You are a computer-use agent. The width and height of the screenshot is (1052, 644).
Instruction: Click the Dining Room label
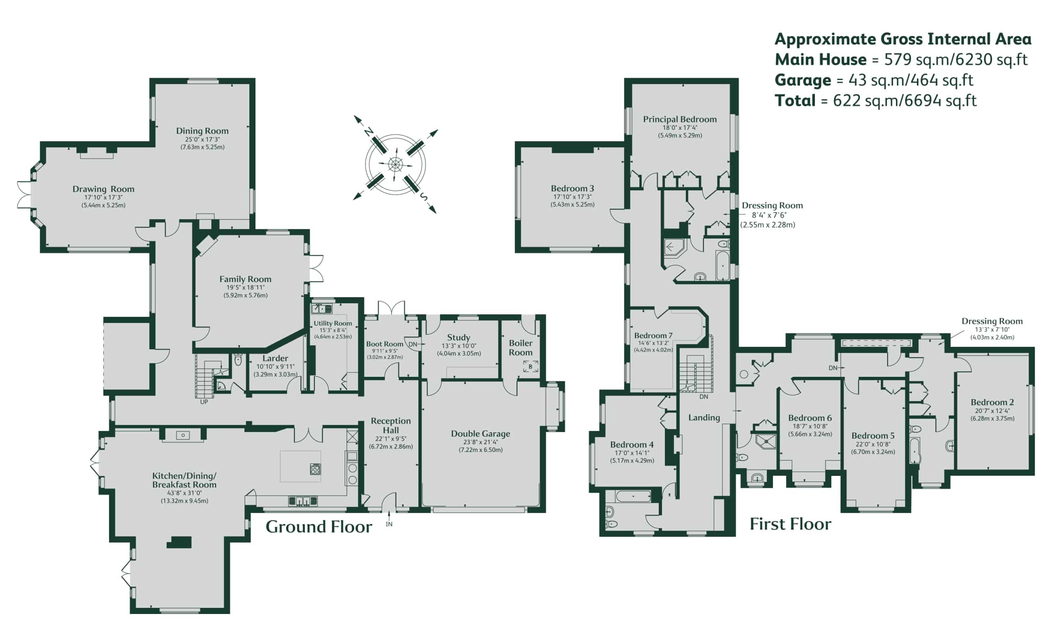tap(202, 131)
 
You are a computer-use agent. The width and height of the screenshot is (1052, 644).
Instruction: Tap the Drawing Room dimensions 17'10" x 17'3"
tap(103, 197)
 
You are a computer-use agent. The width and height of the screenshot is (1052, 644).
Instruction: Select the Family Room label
tap(245, 279)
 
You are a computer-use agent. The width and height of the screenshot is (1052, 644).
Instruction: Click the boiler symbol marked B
tap(531, 367)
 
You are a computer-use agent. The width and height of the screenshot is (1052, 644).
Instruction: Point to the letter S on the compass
tap(424, 196)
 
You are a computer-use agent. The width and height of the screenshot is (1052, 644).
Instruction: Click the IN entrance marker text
tap(389, 524)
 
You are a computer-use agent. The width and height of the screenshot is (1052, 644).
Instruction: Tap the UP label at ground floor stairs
tap(204, 402)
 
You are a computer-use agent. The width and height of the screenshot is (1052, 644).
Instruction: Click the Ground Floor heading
tap(318, 527)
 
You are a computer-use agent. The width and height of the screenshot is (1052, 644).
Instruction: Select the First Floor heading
tap(790, 524)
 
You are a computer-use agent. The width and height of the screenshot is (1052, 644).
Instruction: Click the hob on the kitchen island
tap(316, 469)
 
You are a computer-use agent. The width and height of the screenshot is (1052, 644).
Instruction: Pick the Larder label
tap(275, 358)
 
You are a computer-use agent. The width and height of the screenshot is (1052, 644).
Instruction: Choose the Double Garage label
tap(480, 434)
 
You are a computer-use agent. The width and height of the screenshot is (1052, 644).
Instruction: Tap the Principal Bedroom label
tap(680, 120)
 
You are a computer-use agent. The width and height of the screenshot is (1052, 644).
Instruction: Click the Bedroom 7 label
tap(653, 336)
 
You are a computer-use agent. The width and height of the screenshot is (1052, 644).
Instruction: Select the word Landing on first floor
tap(704, 418)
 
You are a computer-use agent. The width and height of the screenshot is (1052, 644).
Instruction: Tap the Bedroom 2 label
tap(992, 402)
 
